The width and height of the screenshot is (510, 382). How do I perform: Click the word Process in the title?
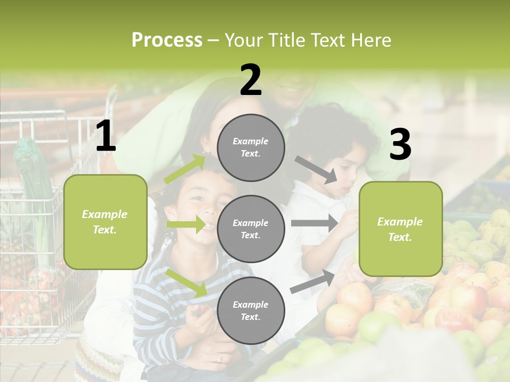(167, 40)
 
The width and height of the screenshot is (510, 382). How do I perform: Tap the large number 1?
(106, 137)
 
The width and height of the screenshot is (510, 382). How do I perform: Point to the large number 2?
(251, 81)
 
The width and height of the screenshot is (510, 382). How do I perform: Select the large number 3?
(400, 145)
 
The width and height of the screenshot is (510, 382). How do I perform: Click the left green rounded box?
(105, 222)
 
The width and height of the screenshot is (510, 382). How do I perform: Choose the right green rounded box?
(401, 229)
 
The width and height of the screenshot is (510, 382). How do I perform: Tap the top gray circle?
(251, 147)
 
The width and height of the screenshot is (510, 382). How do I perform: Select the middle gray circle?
(251, 229)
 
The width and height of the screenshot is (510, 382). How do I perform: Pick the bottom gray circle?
(251, 310)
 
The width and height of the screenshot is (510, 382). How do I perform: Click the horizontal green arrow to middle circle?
(186, 224)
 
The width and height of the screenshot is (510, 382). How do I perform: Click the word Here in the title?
(370, 40)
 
